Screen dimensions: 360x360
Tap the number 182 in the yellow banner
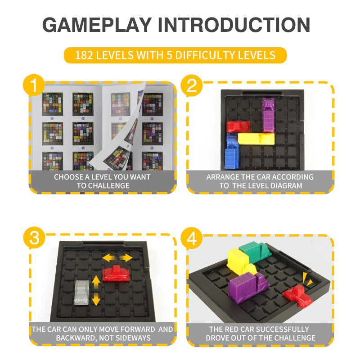pyautogui.click(x=84, y=55)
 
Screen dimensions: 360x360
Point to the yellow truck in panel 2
pyautogui.click(x=256, y=139)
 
